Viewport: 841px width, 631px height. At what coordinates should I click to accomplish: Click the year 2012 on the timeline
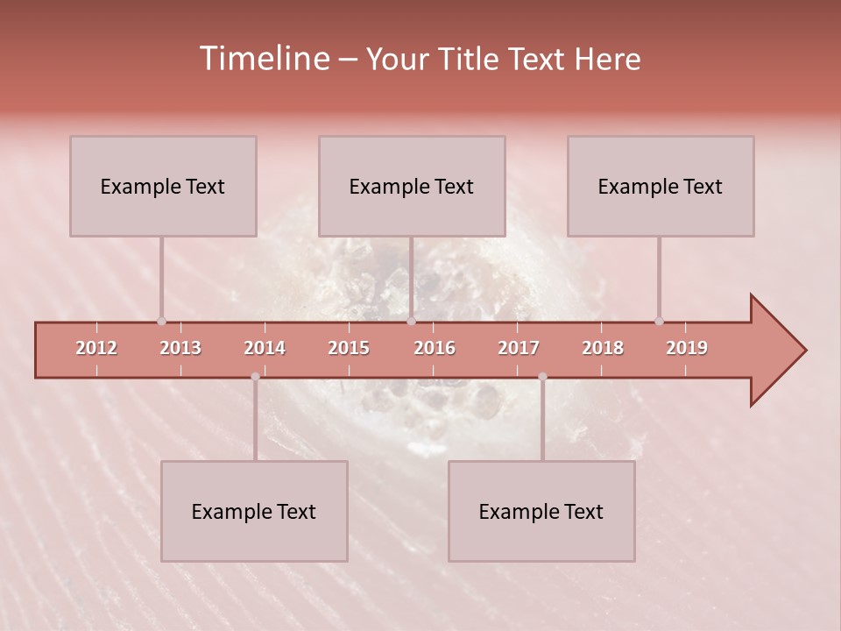[96, 348]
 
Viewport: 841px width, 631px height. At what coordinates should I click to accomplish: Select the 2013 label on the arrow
[180, 348]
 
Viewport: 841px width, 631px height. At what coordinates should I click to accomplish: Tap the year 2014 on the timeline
[265, 348]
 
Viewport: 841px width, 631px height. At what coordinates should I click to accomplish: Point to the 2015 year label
[349, 348]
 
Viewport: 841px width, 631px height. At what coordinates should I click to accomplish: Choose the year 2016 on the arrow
[435, 348]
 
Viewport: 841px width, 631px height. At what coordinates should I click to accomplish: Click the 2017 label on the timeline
[519, 348]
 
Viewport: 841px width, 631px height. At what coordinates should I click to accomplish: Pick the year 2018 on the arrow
[603, 348]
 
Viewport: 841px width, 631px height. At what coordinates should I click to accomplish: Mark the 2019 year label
[687, 348]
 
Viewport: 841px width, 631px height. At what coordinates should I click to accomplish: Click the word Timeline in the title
[263, 59]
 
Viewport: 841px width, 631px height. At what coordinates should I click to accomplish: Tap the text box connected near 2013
[163, 186]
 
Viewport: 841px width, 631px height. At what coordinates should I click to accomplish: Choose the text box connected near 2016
[412, 186]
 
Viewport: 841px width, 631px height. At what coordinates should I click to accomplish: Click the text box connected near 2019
[661, 186]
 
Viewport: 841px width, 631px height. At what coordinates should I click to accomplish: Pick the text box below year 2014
[254, 511]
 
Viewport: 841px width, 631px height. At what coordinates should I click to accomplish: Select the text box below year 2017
[541, 511]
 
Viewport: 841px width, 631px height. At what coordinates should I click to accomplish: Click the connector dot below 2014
[255, 377]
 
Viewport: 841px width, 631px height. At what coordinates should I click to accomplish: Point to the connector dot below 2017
[542, 377]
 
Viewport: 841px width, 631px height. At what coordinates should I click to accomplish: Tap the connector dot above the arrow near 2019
[660, 321]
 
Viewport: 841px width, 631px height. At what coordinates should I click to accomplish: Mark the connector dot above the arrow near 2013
[161, 321]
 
